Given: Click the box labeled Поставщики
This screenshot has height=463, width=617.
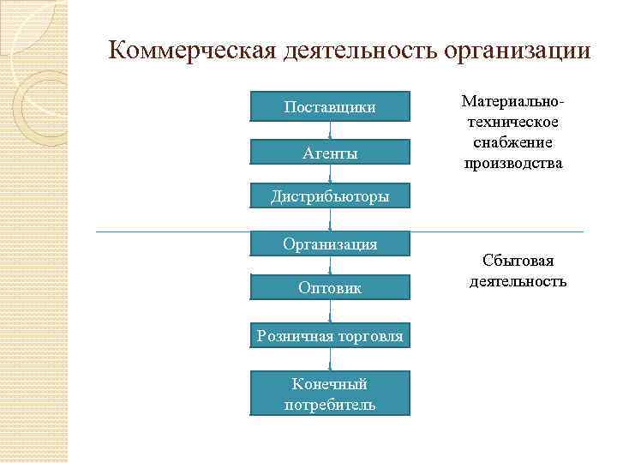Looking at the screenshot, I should pyautogui.click(x=330, y=106).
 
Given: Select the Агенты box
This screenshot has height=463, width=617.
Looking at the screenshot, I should pyautogui.click(x=330, y=153).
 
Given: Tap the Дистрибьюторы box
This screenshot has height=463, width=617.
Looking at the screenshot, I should pyautogui.click(x=330, y=196).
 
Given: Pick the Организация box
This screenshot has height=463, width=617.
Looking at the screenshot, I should pyautogui.click(x=330, y=244).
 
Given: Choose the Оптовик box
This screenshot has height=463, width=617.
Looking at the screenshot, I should pyautogui.click(x=330, y=288).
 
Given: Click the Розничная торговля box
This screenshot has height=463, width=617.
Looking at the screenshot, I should pyautogui.click(x=330, y=335).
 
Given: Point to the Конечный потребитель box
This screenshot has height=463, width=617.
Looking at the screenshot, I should pyautogui.click(x=330, y=394).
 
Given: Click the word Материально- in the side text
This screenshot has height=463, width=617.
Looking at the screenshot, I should pyautogui.click(x=513, y=102).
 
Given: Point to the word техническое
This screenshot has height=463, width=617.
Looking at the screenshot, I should pyautogui.click(x=513, y=122).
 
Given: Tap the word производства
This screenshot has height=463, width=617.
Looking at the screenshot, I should pyautogui.click(x=513, y=162).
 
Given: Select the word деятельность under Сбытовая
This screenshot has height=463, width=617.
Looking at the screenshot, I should pyautogui.click(x=518, y=280).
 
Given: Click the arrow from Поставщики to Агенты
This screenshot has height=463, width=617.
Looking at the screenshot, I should pyautogui.click(x=330, y=130).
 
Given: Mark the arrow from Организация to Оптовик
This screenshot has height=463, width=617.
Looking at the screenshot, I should pyautogui.click(x=330, y=265).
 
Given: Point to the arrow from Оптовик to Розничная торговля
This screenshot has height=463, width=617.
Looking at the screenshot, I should pyautogui.click(x=330, y=311).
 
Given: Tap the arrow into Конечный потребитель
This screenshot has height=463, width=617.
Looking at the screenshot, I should pyautogui.click(x=330, y=359).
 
